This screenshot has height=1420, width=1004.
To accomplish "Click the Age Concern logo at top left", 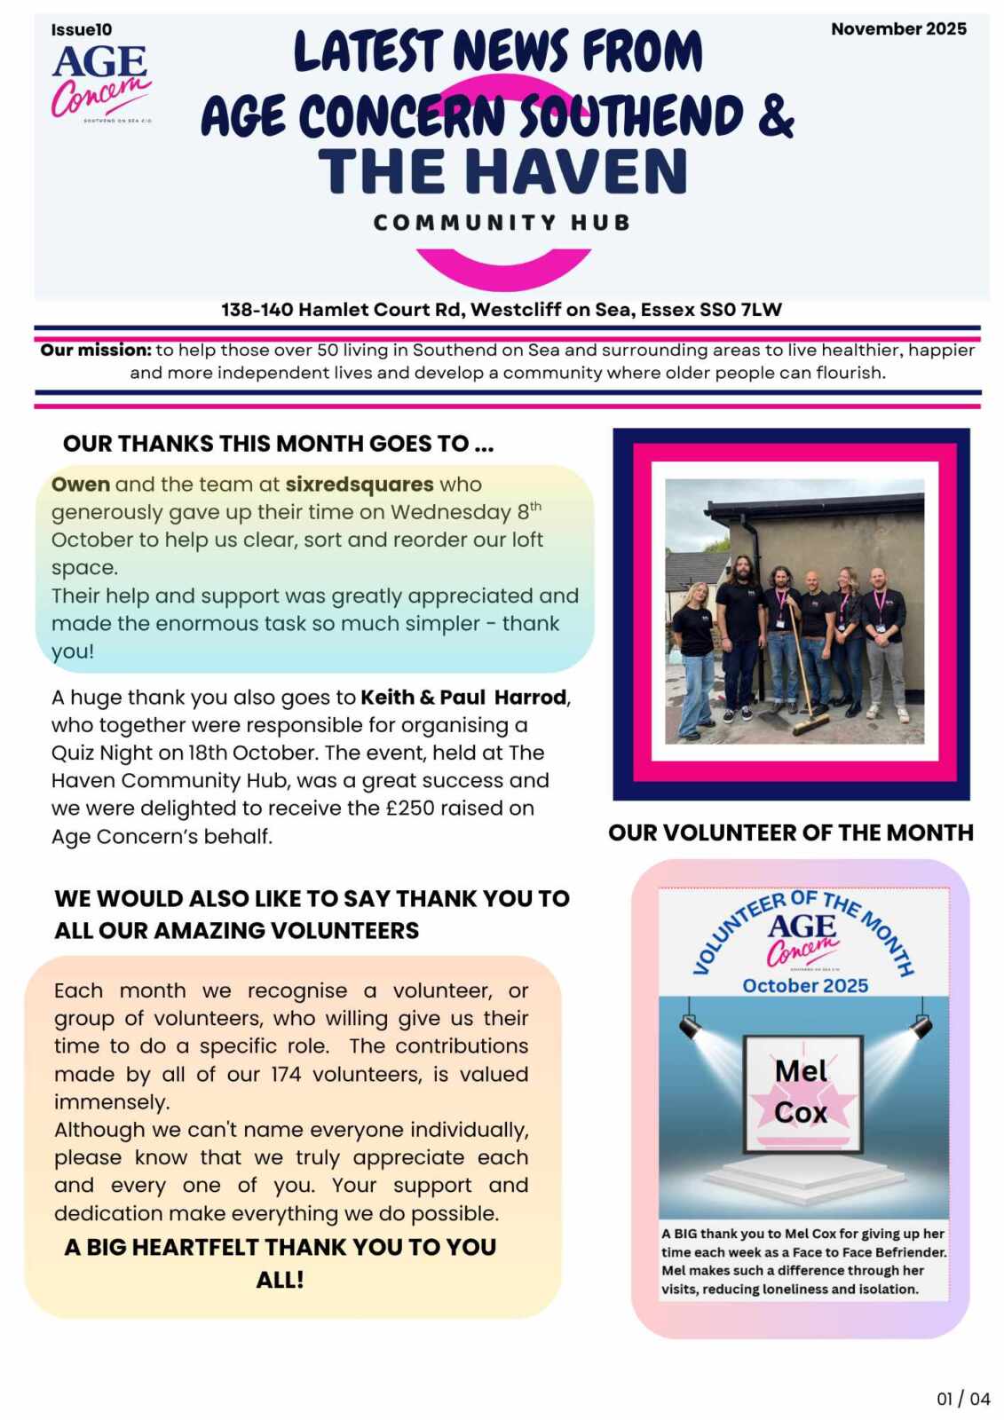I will [100, 82].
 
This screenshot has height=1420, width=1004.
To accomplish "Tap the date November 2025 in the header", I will [897, 28].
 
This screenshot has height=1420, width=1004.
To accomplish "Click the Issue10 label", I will [82, 29].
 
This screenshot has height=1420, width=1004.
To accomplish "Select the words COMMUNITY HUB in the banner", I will [502, 222].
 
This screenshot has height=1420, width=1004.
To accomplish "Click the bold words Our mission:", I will [96, 350].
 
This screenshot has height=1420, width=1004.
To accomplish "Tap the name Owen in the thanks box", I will [81, 484].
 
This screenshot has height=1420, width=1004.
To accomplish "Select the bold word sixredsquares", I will [359, 484].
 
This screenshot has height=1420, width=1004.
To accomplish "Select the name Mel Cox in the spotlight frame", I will [801, 1092].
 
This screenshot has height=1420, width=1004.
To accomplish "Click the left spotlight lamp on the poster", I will [690, 1027].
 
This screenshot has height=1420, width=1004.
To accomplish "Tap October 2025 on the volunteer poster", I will [804, 985].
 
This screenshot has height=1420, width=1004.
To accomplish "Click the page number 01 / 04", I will [962, 1399].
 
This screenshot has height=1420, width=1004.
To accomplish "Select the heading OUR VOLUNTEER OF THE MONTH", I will [790, 832].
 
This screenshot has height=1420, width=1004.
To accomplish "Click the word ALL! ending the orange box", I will [280, 1280].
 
